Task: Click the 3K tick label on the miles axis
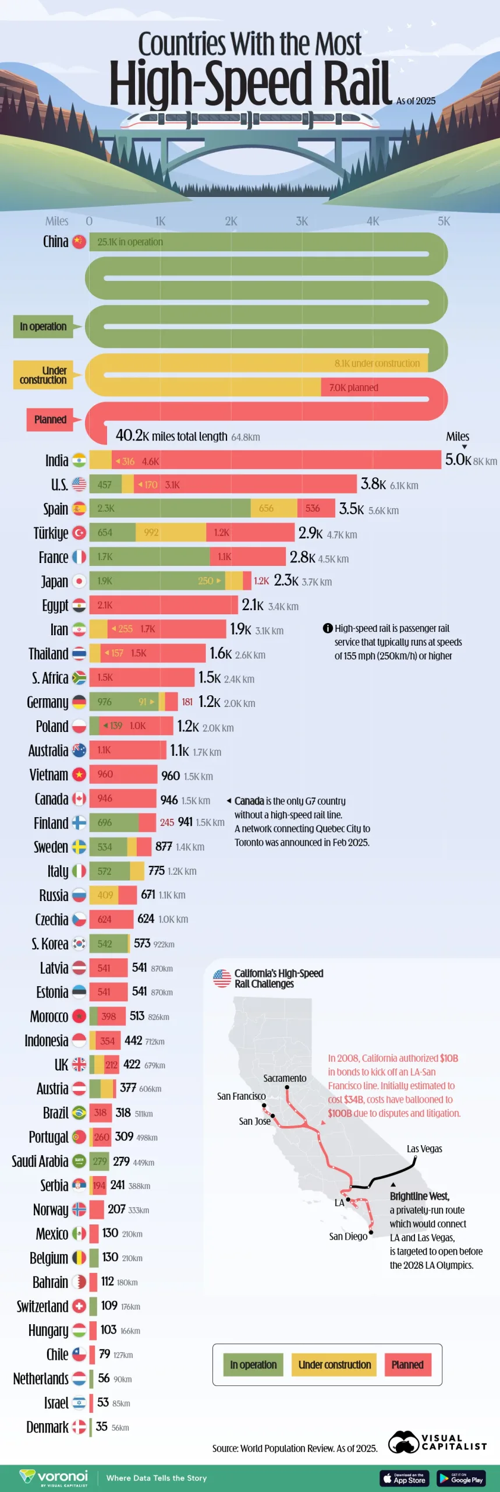point(302,221)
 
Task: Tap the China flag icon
point(79,241)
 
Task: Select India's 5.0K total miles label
point(458,460)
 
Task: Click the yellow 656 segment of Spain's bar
point(273,508)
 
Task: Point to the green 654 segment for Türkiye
point(112,533)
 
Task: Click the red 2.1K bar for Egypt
point(163,605)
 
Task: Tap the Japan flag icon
point(79,581)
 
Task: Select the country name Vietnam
point(49,775)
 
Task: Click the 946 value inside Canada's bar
point(105,798)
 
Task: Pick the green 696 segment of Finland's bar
point(114,823)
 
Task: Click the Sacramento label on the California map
point(285,1078)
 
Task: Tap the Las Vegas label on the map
point(424,1149)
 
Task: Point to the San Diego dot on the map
point(371,1232)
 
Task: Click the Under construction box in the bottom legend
point(334,1365)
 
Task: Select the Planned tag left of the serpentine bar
point(50,420)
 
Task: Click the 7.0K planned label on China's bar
point(354,388)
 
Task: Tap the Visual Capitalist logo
point(437,1442)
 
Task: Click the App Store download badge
point(405,1479)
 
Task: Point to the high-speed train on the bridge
point(250,119)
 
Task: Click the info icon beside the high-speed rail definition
point(328,628)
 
